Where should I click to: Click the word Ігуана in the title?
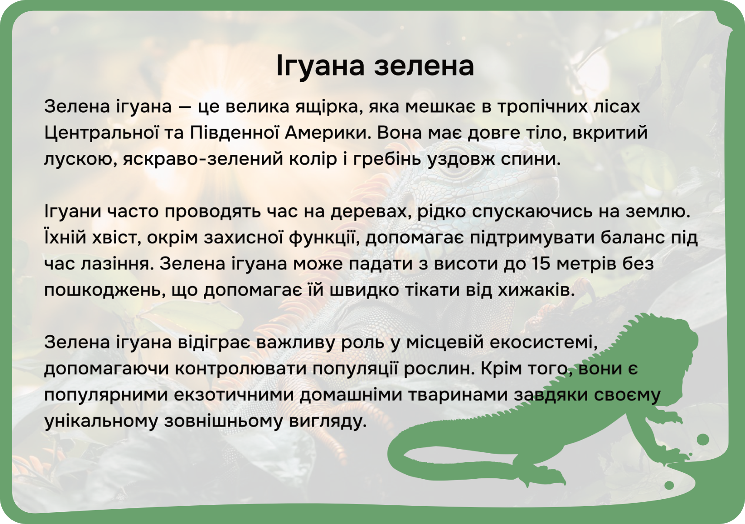pos(321,66)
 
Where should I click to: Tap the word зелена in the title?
pos(424,66)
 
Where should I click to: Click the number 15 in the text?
pos(541,264)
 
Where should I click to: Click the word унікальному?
pos(101,421)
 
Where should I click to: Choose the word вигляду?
pos(327,422)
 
